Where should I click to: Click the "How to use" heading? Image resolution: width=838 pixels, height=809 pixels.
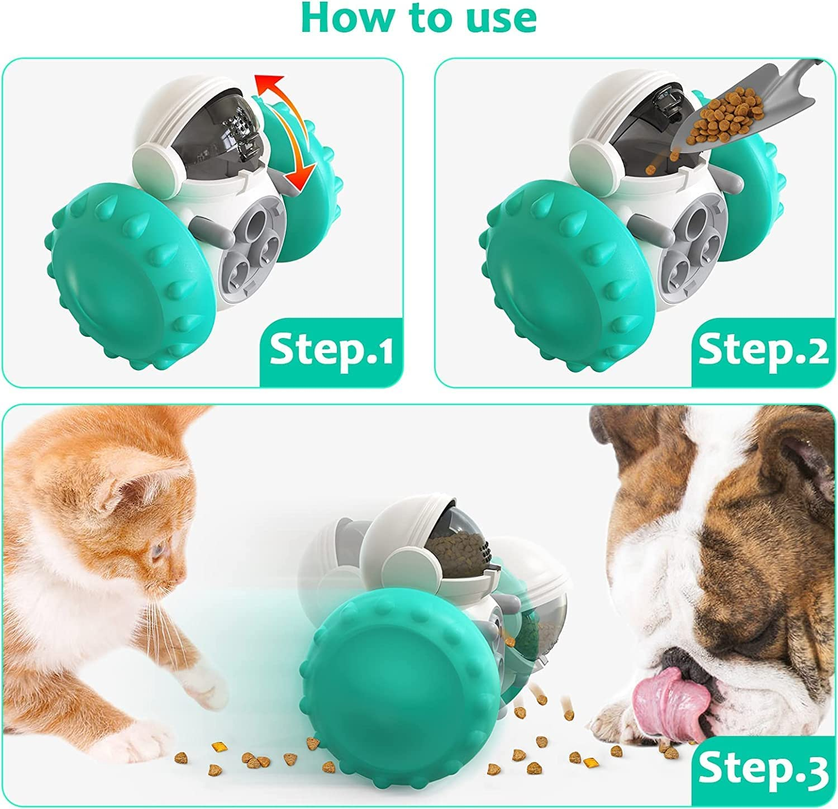(x=418, y=19)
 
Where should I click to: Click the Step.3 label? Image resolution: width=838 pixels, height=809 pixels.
(x=763, y=769)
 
